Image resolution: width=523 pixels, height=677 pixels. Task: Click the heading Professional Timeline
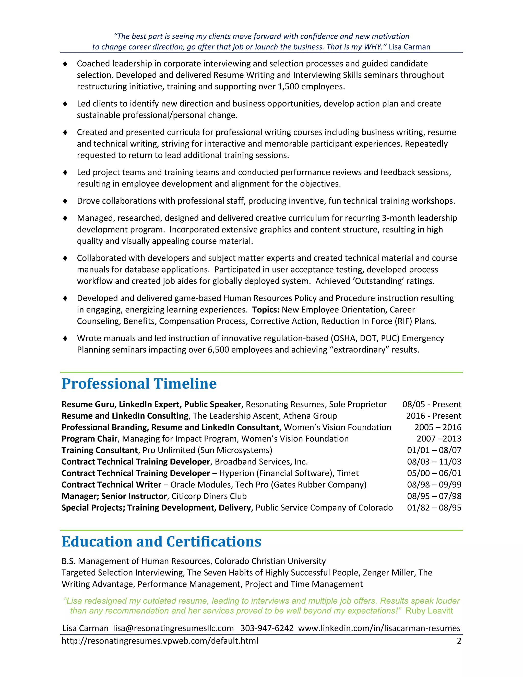click(x=139, y=384)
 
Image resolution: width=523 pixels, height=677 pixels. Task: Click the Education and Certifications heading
click(x=161, y=542)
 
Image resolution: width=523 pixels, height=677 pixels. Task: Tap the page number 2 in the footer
click(x=459, y=641)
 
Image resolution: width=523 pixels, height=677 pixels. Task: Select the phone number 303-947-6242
click(x=267, y=628)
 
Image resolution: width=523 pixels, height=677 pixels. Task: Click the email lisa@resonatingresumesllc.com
click(x=173, y=628)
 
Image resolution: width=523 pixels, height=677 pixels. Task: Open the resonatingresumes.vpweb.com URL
click(x=160, y=641)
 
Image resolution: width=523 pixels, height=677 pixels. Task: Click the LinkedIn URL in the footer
click(x=379, y=628)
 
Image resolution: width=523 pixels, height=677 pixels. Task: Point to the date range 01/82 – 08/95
click(x=434, y=508)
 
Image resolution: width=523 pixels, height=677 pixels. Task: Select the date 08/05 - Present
click(x=432, y=404)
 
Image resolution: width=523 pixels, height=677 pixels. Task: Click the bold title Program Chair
click(x=89, y=439)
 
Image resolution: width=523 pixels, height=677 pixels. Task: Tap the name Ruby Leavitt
click(x=429, y=611)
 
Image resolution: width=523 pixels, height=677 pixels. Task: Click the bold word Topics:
click(x=266, y=310)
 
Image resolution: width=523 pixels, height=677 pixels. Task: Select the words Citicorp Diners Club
click(x=209, y=496)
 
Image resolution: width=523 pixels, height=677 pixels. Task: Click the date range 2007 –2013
click(x=438, y=439)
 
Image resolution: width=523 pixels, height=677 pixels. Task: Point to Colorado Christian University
click(x=270, y=561)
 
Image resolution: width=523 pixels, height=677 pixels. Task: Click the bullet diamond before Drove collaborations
click(x=65, y=201)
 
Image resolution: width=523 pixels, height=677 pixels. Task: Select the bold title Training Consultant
click(x=99, y=450)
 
